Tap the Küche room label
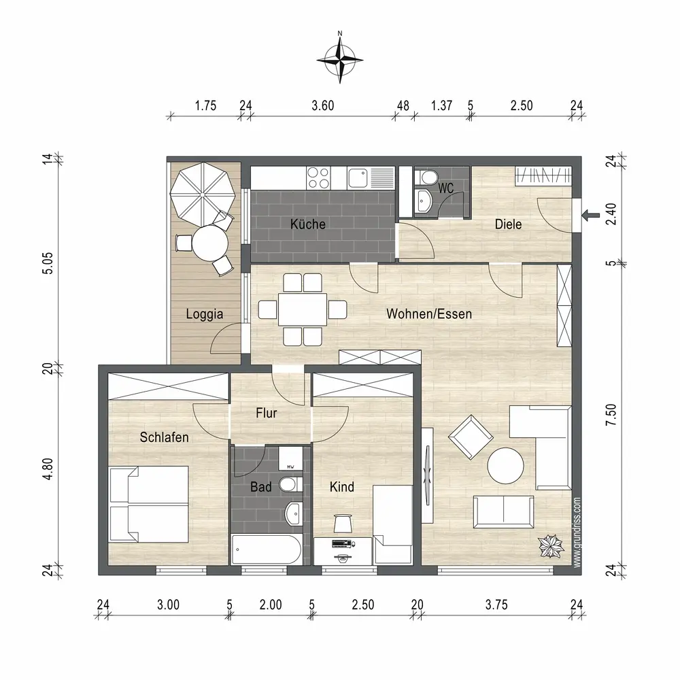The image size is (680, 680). pos(308,224)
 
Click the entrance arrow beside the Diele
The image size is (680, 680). pos(591,215)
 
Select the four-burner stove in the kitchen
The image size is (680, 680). pos(318,178)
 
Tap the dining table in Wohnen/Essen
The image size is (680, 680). pos(303,309)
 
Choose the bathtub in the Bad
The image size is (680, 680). pos(266,549)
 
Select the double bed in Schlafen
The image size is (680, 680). pos(148,504)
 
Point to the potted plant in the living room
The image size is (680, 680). pos(551,547)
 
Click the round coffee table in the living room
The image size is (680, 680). pos(505,466)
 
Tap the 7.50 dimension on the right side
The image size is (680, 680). pos(611,415)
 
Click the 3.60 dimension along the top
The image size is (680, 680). pos(322,105)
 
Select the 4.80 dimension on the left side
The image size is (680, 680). pos(48,469)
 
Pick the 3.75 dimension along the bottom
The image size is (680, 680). pos(496,605)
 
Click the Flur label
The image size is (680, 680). pos(267,413)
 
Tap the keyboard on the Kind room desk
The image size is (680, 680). pos(342,543)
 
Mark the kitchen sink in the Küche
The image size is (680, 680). pos(358,177)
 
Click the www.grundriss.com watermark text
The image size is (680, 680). pos(577,532)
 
